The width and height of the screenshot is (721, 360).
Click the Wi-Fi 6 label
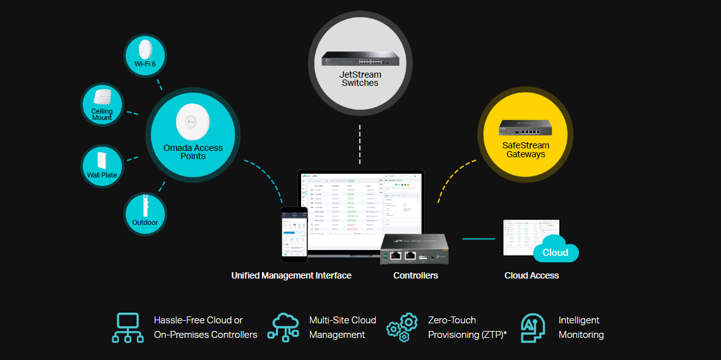(x=145, y=64)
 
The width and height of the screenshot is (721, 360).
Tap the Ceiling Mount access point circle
(x=102, y=104)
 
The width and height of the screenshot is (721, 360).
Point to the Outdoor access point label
(x=145, y=222)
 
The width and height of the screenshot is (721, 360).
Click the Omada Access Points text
(x=193, y=152)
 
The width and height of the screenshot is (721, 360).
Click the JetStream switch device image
(x=360, y=58)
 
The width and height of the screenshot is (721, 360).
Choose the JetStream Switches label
(x=360, y=79)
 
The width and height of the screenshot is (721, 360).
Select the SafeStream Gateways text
(x=525, y=150)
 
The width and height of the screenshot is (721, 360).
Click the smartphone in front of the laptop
(x=294, y=234)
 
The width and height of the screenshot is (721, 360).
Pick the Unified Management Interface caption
(x=291, y=275)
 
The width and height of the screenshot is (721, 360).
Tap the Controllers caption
(x=415, y=275)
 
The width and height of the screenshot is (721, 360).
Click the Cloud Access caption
(x=532, y=275)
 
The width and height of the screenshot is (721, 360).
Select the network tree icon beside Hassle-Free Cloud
(x=128, y=327)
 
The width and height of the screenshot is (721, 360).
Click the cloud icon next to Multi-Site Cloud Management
(x=283, y=327)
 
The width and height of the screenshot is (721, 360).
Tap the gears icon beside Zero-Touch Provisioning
(x=402, y=327)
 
